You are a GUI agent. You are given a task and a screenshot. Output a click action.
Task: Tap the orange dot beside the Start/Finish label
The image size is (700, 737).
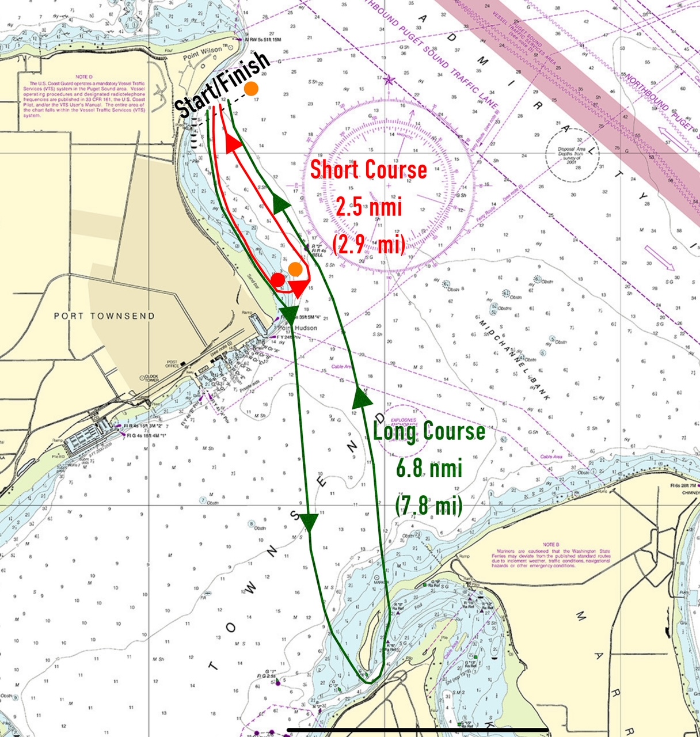pos(251,89)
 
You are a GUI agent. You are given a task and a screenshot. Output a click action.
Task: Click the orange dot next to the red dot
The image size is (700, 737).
pos(295,269)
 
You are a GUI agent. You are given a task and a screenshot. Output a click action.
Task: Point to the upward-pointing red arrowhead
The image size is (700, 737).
pos(232,143)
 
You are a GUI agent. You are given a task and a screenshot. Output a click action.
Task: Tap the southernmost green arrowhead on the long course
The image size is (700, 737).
pos(310,523)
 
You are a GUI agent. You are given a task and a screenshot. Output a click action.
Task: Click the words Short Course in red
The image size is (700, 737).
pos(368,170)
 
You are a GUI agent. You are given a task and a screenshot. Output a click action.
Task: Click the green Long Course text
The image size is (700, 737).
pos(429,431)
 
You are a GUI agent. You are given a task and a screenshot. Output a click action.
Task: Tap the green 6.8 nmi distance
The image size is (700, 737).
pos(429,468)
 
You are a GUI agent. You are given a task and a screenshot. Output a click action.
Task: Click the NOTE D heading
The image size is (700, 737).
pos(83,76)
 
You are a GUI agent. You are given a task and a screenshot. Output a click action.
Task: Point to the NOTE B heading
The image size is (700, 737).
pos(550,544)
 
